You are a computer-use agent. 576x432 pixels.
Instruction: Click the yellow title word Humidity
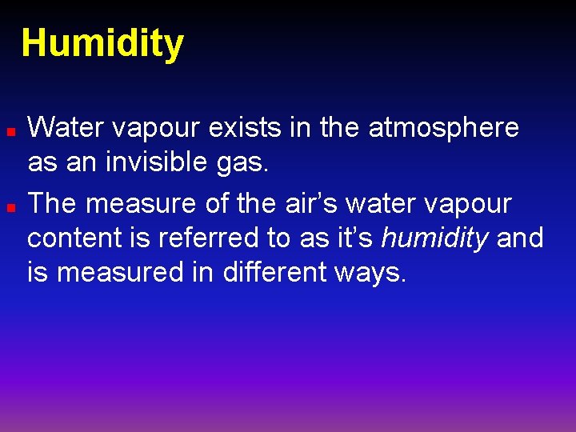[102, 44]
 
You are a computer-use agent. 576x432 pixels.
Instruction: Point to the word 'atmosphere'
[443, 127]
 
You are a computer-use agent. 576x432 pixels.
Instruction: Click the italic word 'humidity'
[435, 238]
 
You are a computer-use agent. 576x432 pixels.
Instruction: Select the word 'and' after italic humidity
[520, 238]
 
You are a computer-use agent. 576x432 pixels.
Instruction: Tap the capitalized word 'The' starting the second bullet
[52, 204]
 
